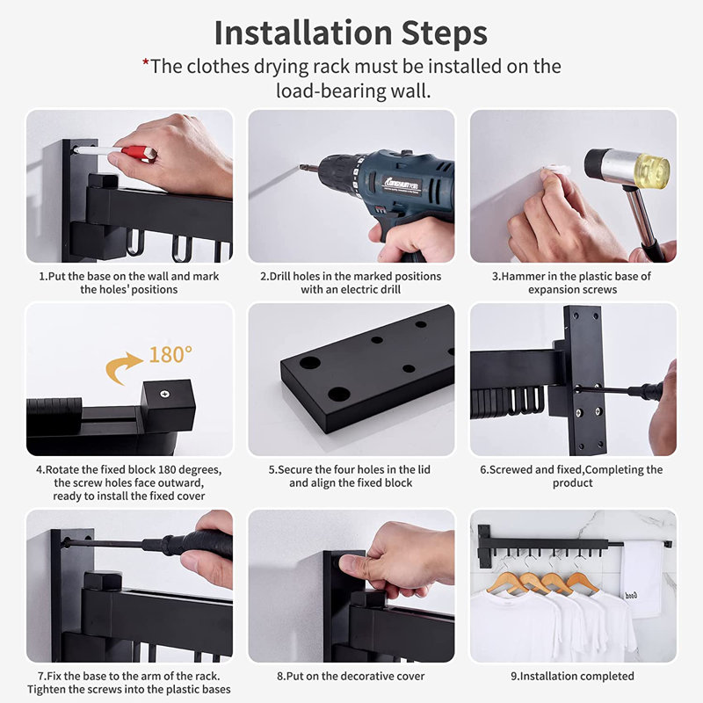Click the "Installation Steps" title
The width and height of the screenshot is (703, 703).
pos(351,33)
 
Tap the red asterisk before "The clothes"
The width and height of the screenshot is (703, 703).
pos(145,62)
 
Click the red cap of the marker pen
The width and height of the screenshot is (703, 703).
pos(139,153)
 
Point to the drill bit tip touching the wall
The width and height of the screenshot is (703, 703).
pos(301,167)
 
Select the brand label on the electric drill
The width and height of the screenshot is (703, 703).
pos(402,183)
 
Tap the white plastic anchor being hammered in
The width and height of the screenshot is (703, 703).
pos(556,170)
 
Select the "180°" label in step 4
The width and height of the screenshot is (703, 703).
pos(170,354)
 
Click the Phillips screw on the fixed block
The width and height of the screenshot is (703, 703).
pos(164,394)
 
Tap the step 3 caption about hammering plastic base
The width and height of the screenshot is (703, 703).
pos(572,282)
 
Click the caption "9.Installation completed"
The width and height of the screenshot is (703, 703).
pos(573,676)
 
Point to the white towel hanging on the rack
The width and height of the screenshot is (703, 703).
pos(642,578)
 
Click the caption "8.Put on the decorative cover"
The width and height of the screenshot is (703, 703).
pos(351,676)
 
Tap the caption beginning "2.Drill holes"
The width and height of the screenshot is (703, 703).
pos(351,282)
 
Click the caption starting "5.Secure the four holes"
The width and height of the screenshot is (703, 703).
pos(350,475)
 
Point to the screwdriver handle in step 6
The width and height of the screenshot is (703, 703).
pos(646,391)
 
